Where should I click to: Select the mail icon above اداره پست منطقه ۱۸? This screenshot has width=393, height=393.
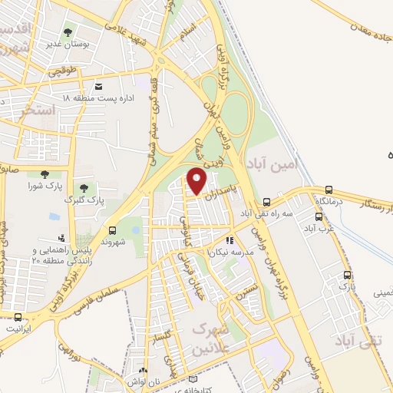[x=99, y=87]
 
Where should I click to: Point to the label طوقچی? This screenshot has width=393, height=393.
[x=63, y=71]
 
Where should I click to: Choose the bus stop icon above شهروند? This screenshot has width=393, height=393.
[x=113, y=229]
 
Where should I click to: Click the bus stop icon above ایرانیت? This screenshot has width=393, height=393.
[x=18, y=317]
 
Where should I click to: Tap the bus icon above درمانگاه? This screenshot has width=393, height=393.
[x=329, y=189]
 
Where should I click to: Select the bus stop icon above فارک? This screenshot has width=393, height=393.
[x=348, y=275]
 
